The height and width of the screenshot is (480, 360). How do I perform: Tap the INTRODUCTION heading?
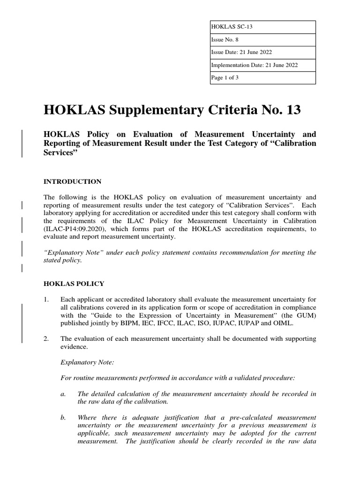click(x=72, y=181)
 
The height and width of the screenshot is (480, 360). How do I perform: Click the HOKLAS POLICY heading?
click(x=74, y=284)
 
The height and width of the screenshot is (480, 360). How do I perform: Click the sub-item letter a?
click(x=63, y=394)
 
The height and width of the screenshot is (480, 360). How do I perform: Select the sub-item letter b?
click(x=63, y=417)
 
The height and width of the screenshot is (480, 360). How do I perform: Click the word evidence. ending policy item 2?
click(x=74, y=346)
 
